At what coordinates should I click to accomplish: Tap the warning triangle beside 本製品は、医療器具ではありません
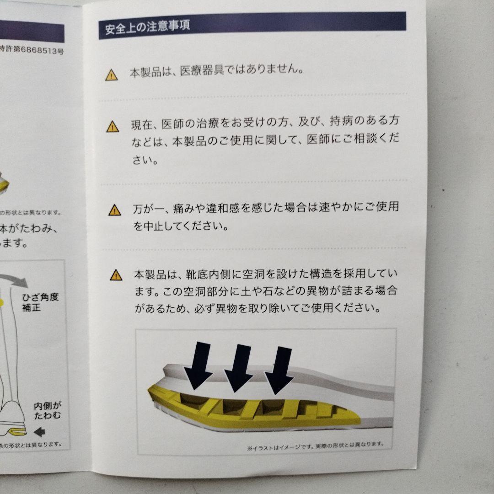coord(111,75)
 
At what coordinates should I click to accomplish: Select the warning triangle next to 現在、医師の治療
coord(112,126)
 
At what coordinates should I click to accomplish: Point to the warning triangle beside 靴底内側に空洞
coord(116,275)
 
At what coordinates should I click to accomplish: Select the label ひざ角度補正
coord(40,302)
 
